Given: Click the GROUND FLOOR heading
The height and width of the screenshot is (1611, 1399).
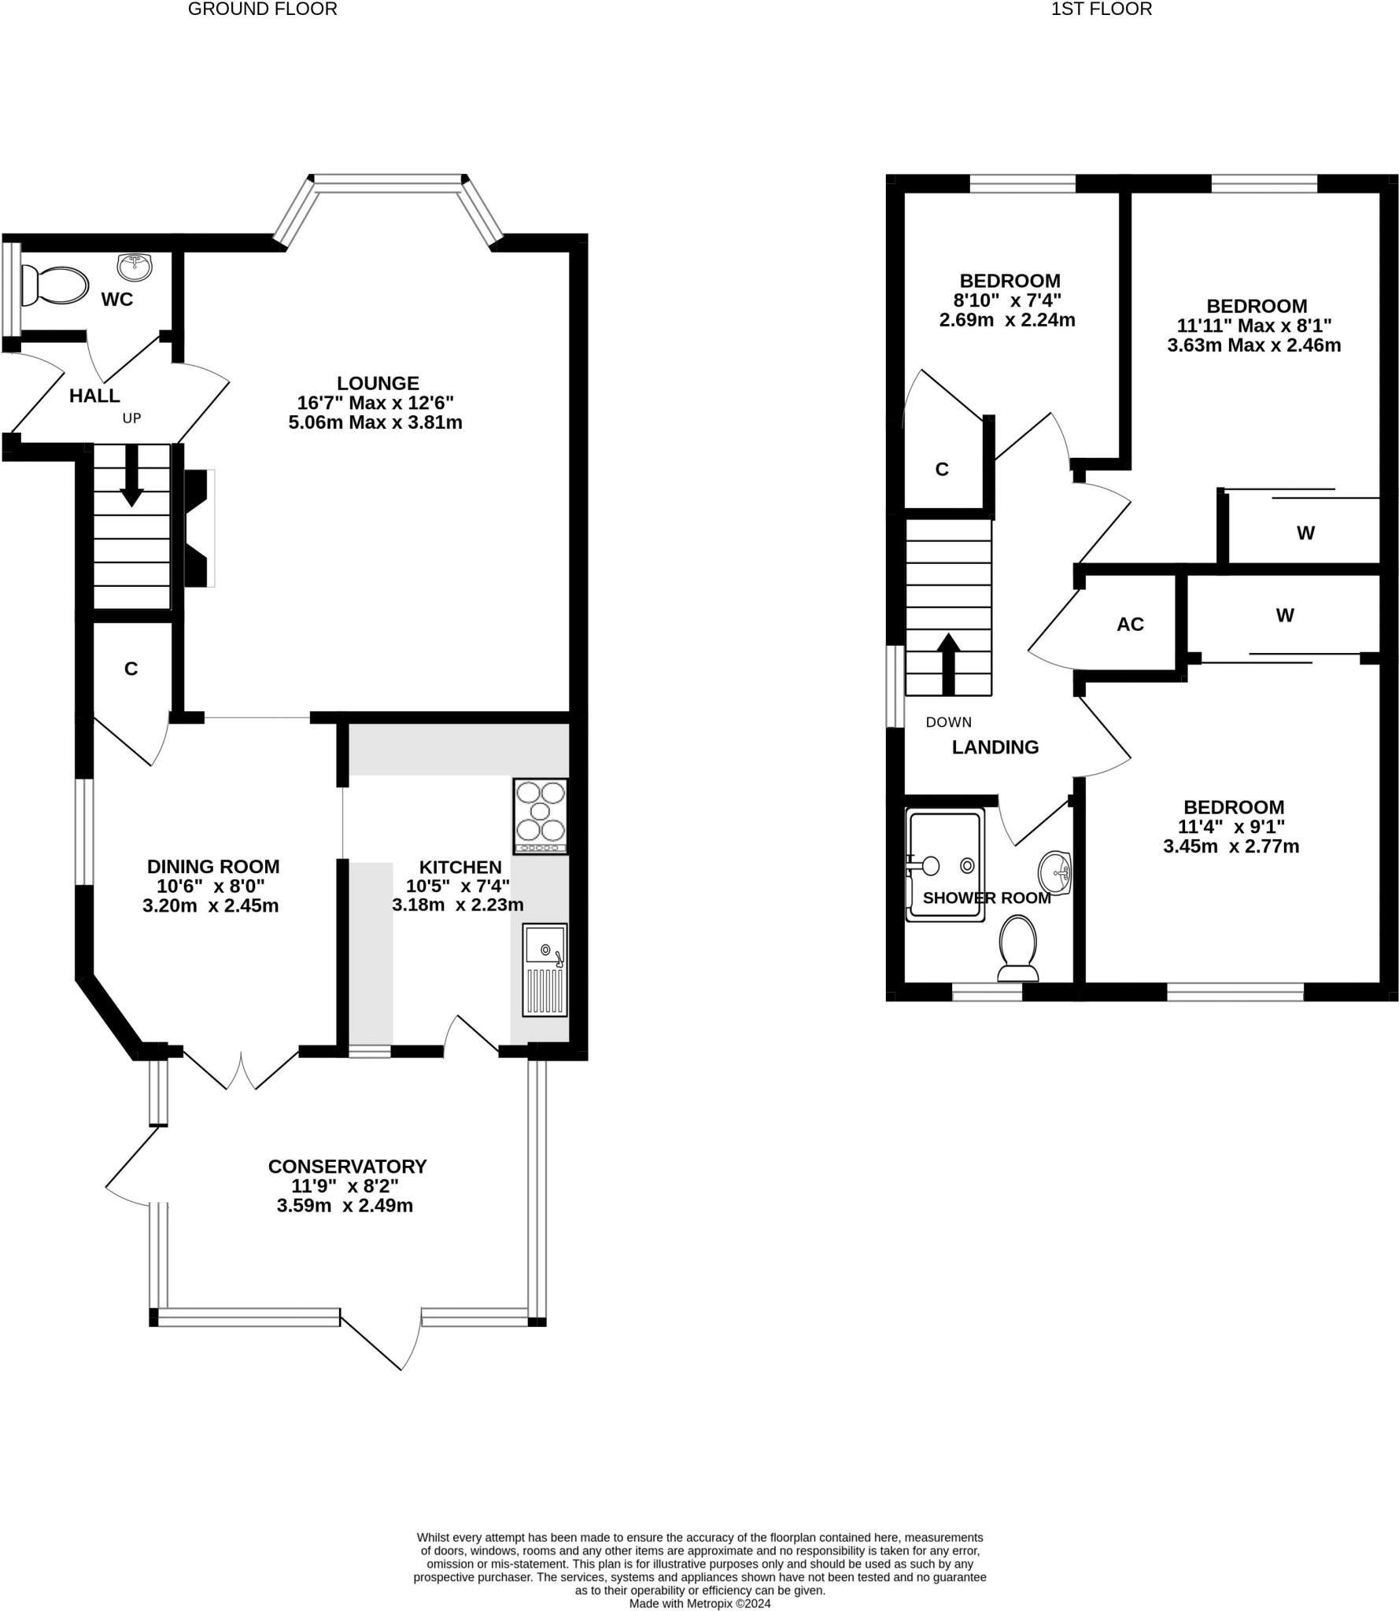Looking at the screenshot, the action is click(x=262, y=9).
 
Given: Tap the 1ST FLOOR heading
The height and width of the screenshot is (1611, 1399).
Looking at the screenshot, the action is click(x=1102, y=9).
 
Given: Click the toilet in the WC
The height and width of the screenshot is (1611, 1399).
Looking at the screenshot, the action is click(x=54, y=284).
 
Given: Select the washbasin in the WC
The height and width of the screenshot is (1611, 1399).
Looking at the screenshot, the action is click(x=135, y=267).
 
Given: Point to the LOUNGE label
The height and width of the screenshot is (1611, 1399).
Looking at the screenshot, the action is click(x=378, y=383).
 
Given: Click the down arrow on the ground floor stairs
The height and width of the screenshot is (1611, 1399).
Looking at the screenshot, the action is click(x=131, y=476).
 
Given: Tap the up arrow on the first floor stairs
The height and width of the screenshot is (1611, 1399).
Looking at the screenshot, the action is click(x=948, y=664).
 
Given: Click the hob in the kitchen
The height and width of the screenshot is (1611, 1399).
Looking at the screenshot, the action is click(x=541, y=816).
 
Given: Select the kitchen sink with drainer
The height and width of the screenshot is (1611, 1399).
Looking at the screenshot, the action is click(x=544, y=970).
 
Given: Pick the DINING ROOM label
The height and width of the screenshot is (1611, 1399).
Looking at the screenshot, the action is click(x=213, y=866).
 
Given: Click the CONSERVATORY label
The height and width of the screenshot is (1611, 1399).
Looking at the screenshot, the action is click(x=347, y=1166).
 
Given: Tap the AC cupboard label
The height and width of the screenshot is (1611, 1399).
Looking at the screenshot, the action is click(x=1130, y=624).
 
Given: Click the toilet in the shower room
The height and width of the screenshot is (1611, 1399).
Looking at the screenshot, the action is click(x=1018, y=949).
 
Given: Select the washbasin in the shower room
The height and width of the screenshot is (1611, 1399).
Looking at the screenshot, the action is click(x=1055, y=874).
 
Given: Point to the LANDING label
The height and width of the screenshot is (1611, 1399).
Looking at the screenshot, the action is click(x=995, y=747).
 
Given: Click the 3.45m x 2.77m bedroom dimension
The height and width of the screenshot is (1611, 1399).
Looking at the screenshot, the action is click(x=1231, y=846).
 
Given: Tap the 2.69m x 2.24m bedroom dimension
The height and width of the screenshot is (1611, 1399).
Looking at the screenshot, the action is click(x=1007, y=320).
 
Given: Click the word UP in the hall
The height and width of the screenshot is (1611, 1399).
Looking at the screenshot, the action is click(x=131, y=418).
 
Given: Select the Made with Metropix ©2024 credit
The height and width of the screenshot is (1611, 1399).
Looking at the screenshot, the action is click(x=699, y=1603).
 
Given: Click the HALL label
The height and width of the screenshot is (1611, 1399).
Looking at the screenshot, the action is click(x=94, y=396).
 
